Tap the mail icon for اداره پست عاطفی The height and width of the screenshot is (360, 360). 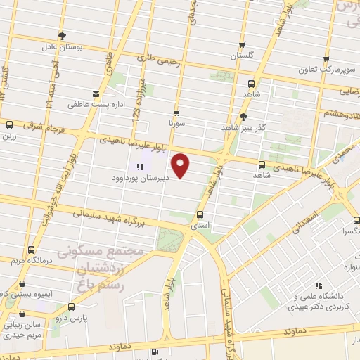point(96,93)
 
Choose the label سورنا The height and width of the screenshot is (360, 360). point(175,123)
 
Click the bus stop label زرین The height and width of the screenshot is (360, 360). point(8,137)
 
